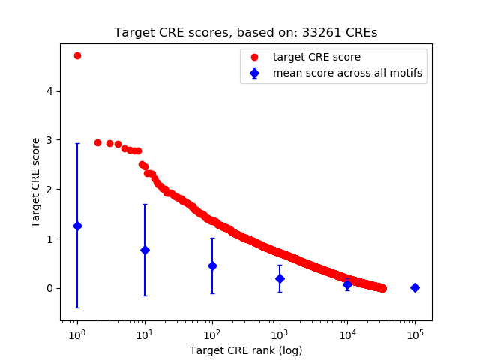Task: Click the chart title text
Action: click(246, 33)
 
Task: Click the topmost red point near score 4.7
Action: click(77, 55)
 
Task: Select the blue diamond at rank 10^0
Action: click(77, 226)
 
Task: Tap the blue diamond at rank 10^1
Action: click(145, 250)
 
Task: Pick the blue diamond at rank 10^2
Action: click(212, 265)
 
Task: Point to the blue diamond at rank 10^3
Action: click(280, 278)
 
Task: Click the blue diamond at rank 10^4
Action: click(347, 284)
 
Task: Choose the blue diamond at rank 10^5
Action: click(415, 287)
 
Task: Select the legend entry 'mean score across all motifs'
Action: click(347, 73)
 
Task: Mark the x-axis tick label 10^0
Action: click(76, 333)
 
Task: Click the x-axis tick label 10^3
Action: click(280, 333)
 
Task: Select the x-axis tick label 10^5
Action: click(415, 333)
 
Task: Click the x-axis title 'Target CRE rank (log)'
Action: click(246, 349)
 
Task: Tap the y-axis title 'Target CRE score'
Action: click(36, 182)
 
